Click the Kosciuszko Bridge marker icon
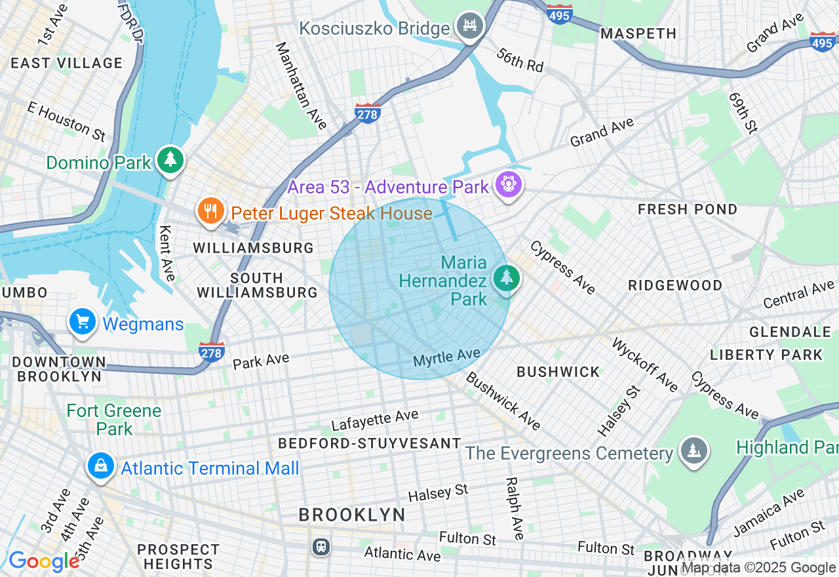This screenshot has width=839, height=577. coord(470,26)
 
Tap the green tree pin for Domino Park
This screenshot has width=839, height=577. coord(170,159)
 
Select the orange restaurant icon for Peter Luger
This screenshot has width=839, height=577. coord(210,211)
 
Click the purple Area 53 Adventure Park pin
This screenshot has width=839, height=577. coord(508,184)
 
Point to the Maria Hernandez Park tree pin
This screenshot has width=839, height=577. coord(506,278)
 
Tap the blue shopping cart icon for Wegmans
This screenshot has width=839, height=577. coord(83,322)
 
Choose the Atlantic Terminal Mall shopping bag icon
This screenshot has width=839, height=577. coord(101,466)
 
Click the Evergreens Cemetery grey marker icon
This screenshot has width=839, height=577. coord(693,451)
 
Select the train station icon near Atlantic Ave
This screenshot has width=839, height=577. coord(321,546)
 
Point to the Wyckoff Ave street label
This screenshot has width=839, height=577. coord(644,365)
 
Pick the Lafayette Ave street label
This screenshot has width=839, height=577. coord(374,420)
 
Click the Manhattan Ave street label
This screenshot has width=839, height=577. coord(301,85)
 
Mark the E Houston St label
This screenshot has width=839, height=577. coord(66,121)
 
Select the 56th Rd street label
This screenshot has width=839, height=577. coord(520,60)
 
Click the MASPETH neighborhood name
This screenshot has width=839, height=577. coord(638,33)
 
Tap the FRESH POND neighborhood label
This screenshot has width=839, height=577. coord(688,209)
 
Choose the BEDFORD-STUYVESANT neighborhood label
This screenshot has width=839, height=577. coord(370,443)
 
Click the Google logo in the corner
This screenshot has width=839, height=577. coord(44,561)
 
